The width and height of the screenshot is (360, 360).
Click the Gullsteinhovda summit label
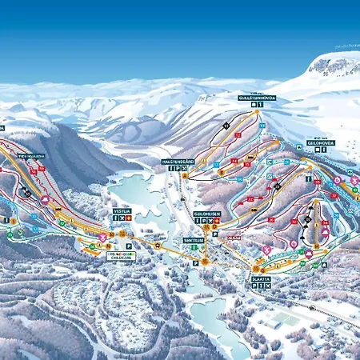pos(257,98)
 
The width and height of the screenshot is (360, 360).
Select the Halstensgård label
pos(178,161)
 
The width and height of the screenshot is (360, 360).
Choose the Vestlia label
pos(122,210)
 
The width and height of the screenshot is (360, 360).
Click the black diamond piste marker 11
pos(227,126)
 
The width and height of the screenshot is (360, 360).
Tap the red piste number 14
pos(235,161)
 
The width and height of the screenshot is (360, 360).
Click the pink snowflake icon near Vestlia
pos(102,238)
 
